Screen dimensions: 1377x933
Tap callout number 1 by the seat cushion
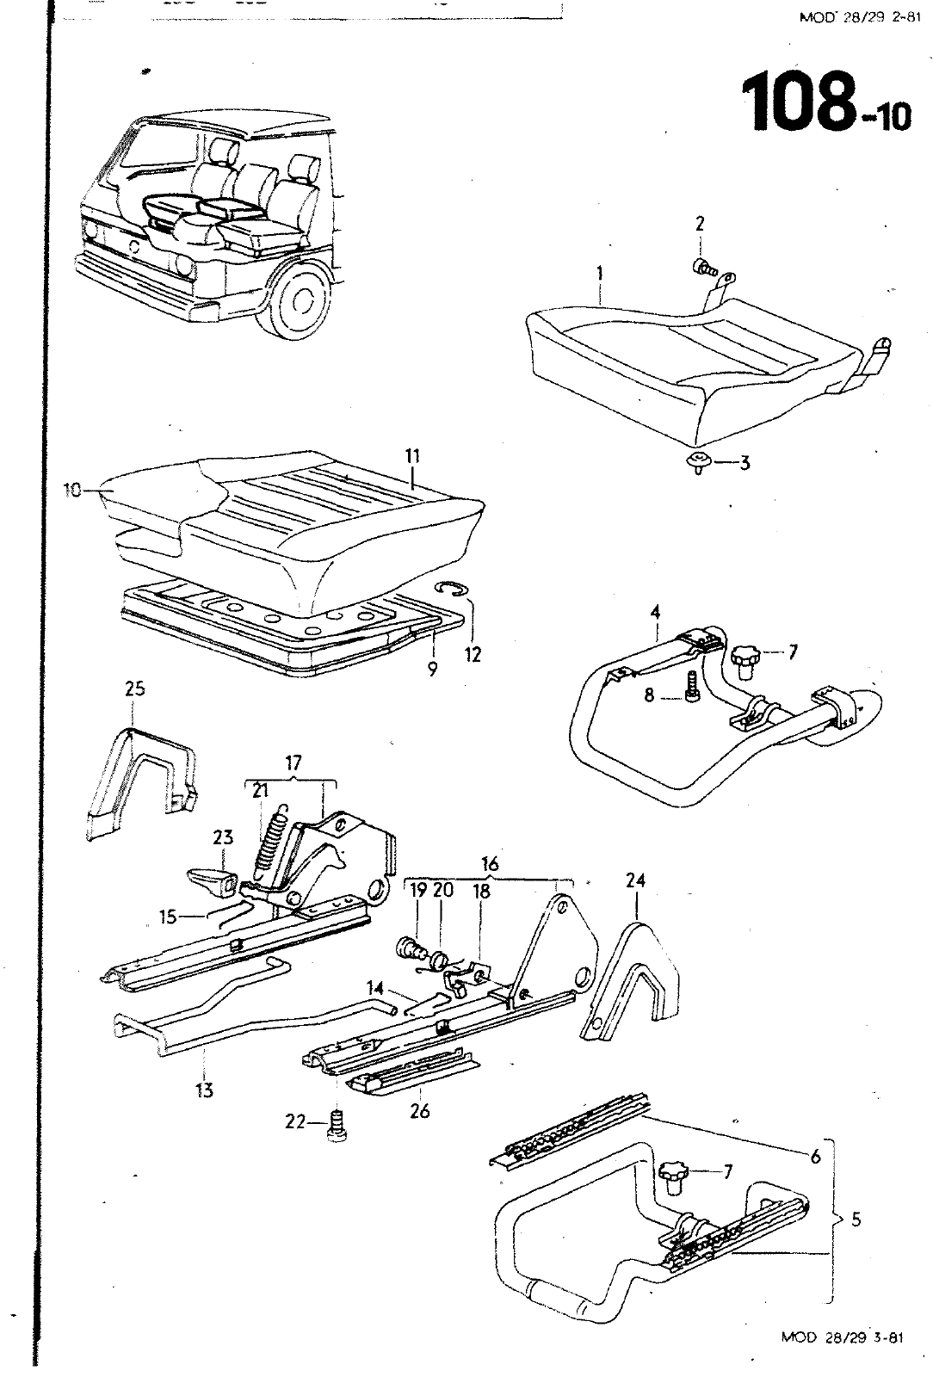pyautogui.click(x=600, y=275)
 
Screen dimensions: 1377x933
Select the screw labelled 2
pyautogui.click(x=704, y=268)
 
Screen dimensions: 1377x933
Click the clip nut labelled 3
pyautogui.click(x=699, y=461)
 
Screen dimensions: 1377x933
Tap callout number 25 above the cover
pyautogui.click(x=134, y=688)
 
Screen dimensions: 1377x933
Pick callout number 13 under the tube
pyautogui.click(x=204, y=1091)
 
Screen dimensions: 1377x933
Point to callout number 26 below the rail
pyautogui.click(x=419, y=1111)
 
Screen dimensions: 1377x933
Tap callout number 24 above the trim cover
pyautogui.click(x=635, y=881)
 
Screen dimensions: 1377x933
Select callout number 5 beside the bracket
pyautogui.click(x=856, y=1219)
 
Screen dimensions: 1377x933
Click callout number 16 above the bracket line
pyautogui.click(x=490, y=863)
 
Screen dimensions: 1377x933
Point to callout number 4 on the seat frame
pyautogui.click(x=656, y=614)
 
